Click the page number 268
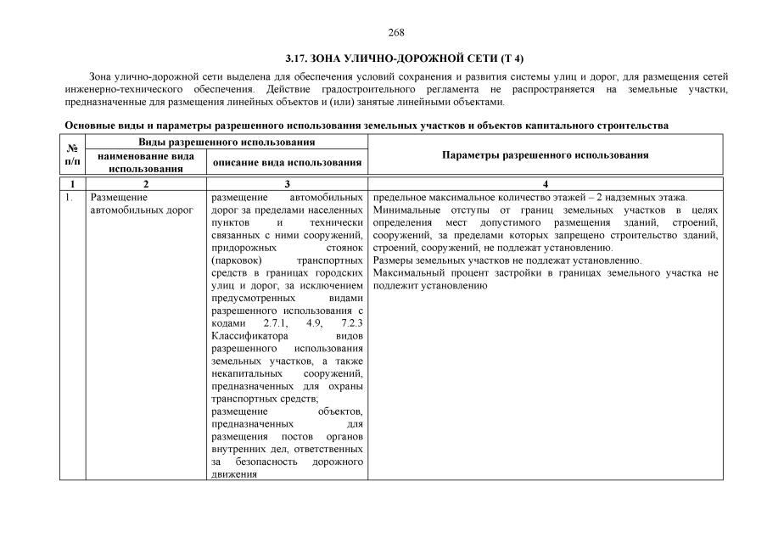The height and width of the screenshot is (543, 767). (x=396, y=32)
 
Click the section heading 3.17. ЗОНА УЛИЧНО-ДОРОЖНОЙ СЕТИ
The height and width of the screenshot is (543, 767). (x=405, y=59)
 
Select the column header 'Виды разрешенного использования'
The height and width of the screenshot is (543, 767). (x=227, y=142)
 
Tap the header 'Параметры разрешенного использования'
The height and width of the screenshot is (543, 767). (x=546, y=155)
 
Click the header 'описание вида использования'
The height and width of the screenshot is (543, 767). (x=287, y=162)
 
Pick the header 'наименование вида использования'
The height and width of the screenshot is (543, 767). (x=146, y=162)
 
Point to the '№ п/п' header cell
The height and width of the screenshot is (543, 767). (x=72, y=154)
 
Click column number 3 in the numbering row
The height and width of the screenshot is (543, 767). (x=287, y=184)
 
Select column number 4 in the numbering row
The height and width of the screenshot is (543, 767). (x=546, y=184)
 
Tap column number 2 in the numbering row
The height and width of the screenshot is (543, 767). (x=146, y=184)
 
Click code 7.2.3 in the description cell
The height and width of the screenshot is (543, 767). (x=349, y=324)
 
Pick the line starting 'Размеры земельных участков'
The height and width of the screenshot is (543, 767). (x=507, y=260)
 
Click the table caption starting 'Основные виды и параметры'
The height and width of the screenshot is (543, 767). (x=367, y=126)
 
